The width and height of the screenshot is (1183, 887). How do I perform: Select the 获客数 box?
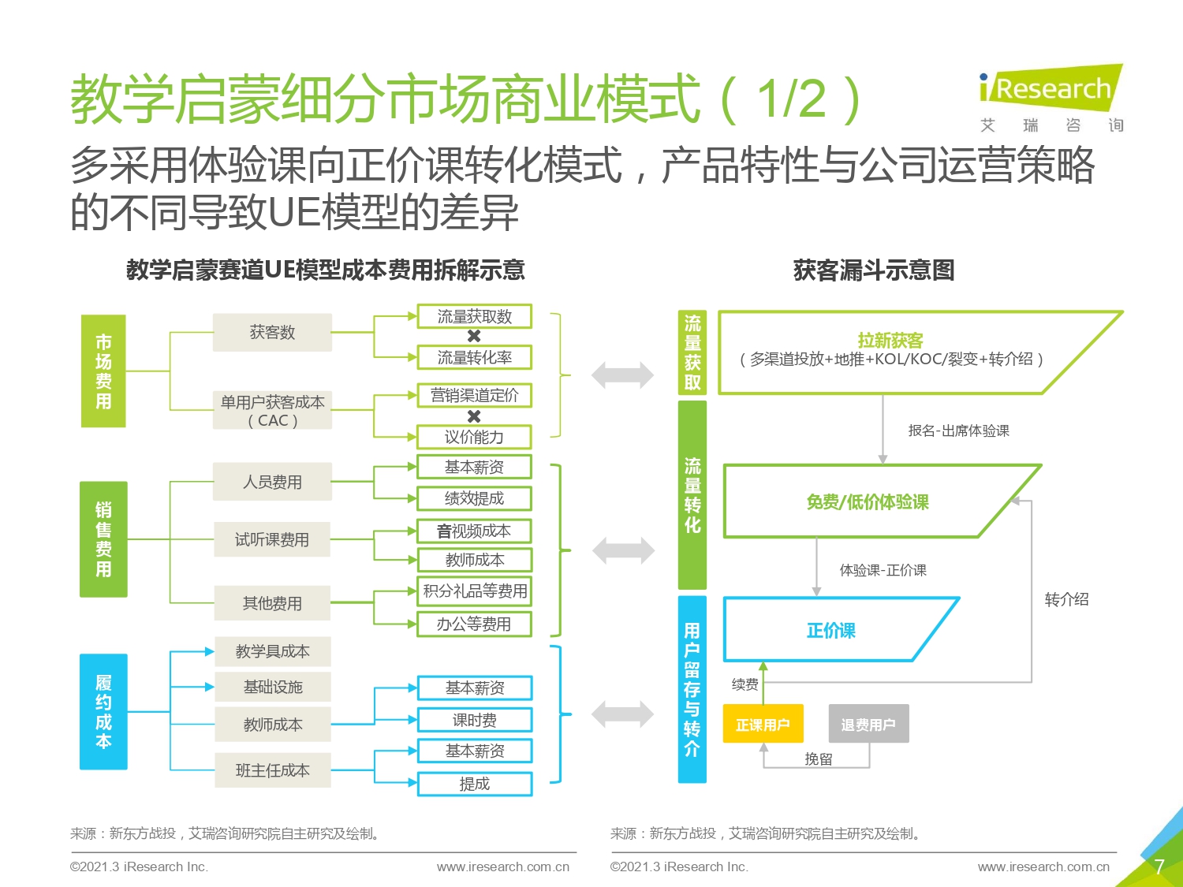272,332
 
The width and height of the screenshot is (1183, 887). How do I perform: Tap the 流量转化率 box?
474,358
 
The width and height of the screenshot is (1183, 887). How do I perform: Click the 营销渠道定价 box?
474,395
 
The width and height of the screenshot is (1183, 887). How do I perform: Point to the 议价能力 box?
474,437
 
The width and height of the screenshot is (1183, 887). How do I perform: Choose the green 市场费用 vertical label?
103,371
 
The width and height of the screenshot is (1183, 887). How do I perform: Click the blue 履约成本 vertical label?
103,711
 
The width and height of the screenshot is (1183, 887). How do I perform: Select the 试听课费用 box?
272,539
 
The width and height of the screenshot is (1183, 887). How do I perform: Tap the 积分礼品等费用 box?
474,591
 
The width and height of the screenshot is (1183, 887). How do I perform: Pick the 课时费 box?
475,720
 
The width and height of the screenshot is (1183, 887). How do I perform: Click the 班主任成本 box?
273,770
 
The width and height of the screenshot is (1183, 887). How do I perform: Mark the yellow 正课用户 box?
763,724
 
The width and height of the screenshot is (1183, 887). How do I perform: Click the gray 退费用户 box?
869,724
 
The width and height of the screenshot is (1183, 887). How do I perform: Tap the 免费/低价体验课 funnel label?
868,502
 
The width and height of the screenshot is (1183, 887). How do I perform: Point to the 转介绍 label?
1066,599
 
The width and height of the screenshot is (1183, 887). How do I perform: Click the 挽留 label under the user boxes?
819,758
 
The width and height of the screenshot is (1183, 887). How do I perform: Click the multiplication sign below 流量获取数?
474,336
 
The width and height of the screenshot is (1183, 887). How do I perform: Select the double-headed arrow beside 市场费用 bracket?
622,375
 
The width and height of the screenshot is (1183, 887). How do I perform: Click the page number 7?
1159,867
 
